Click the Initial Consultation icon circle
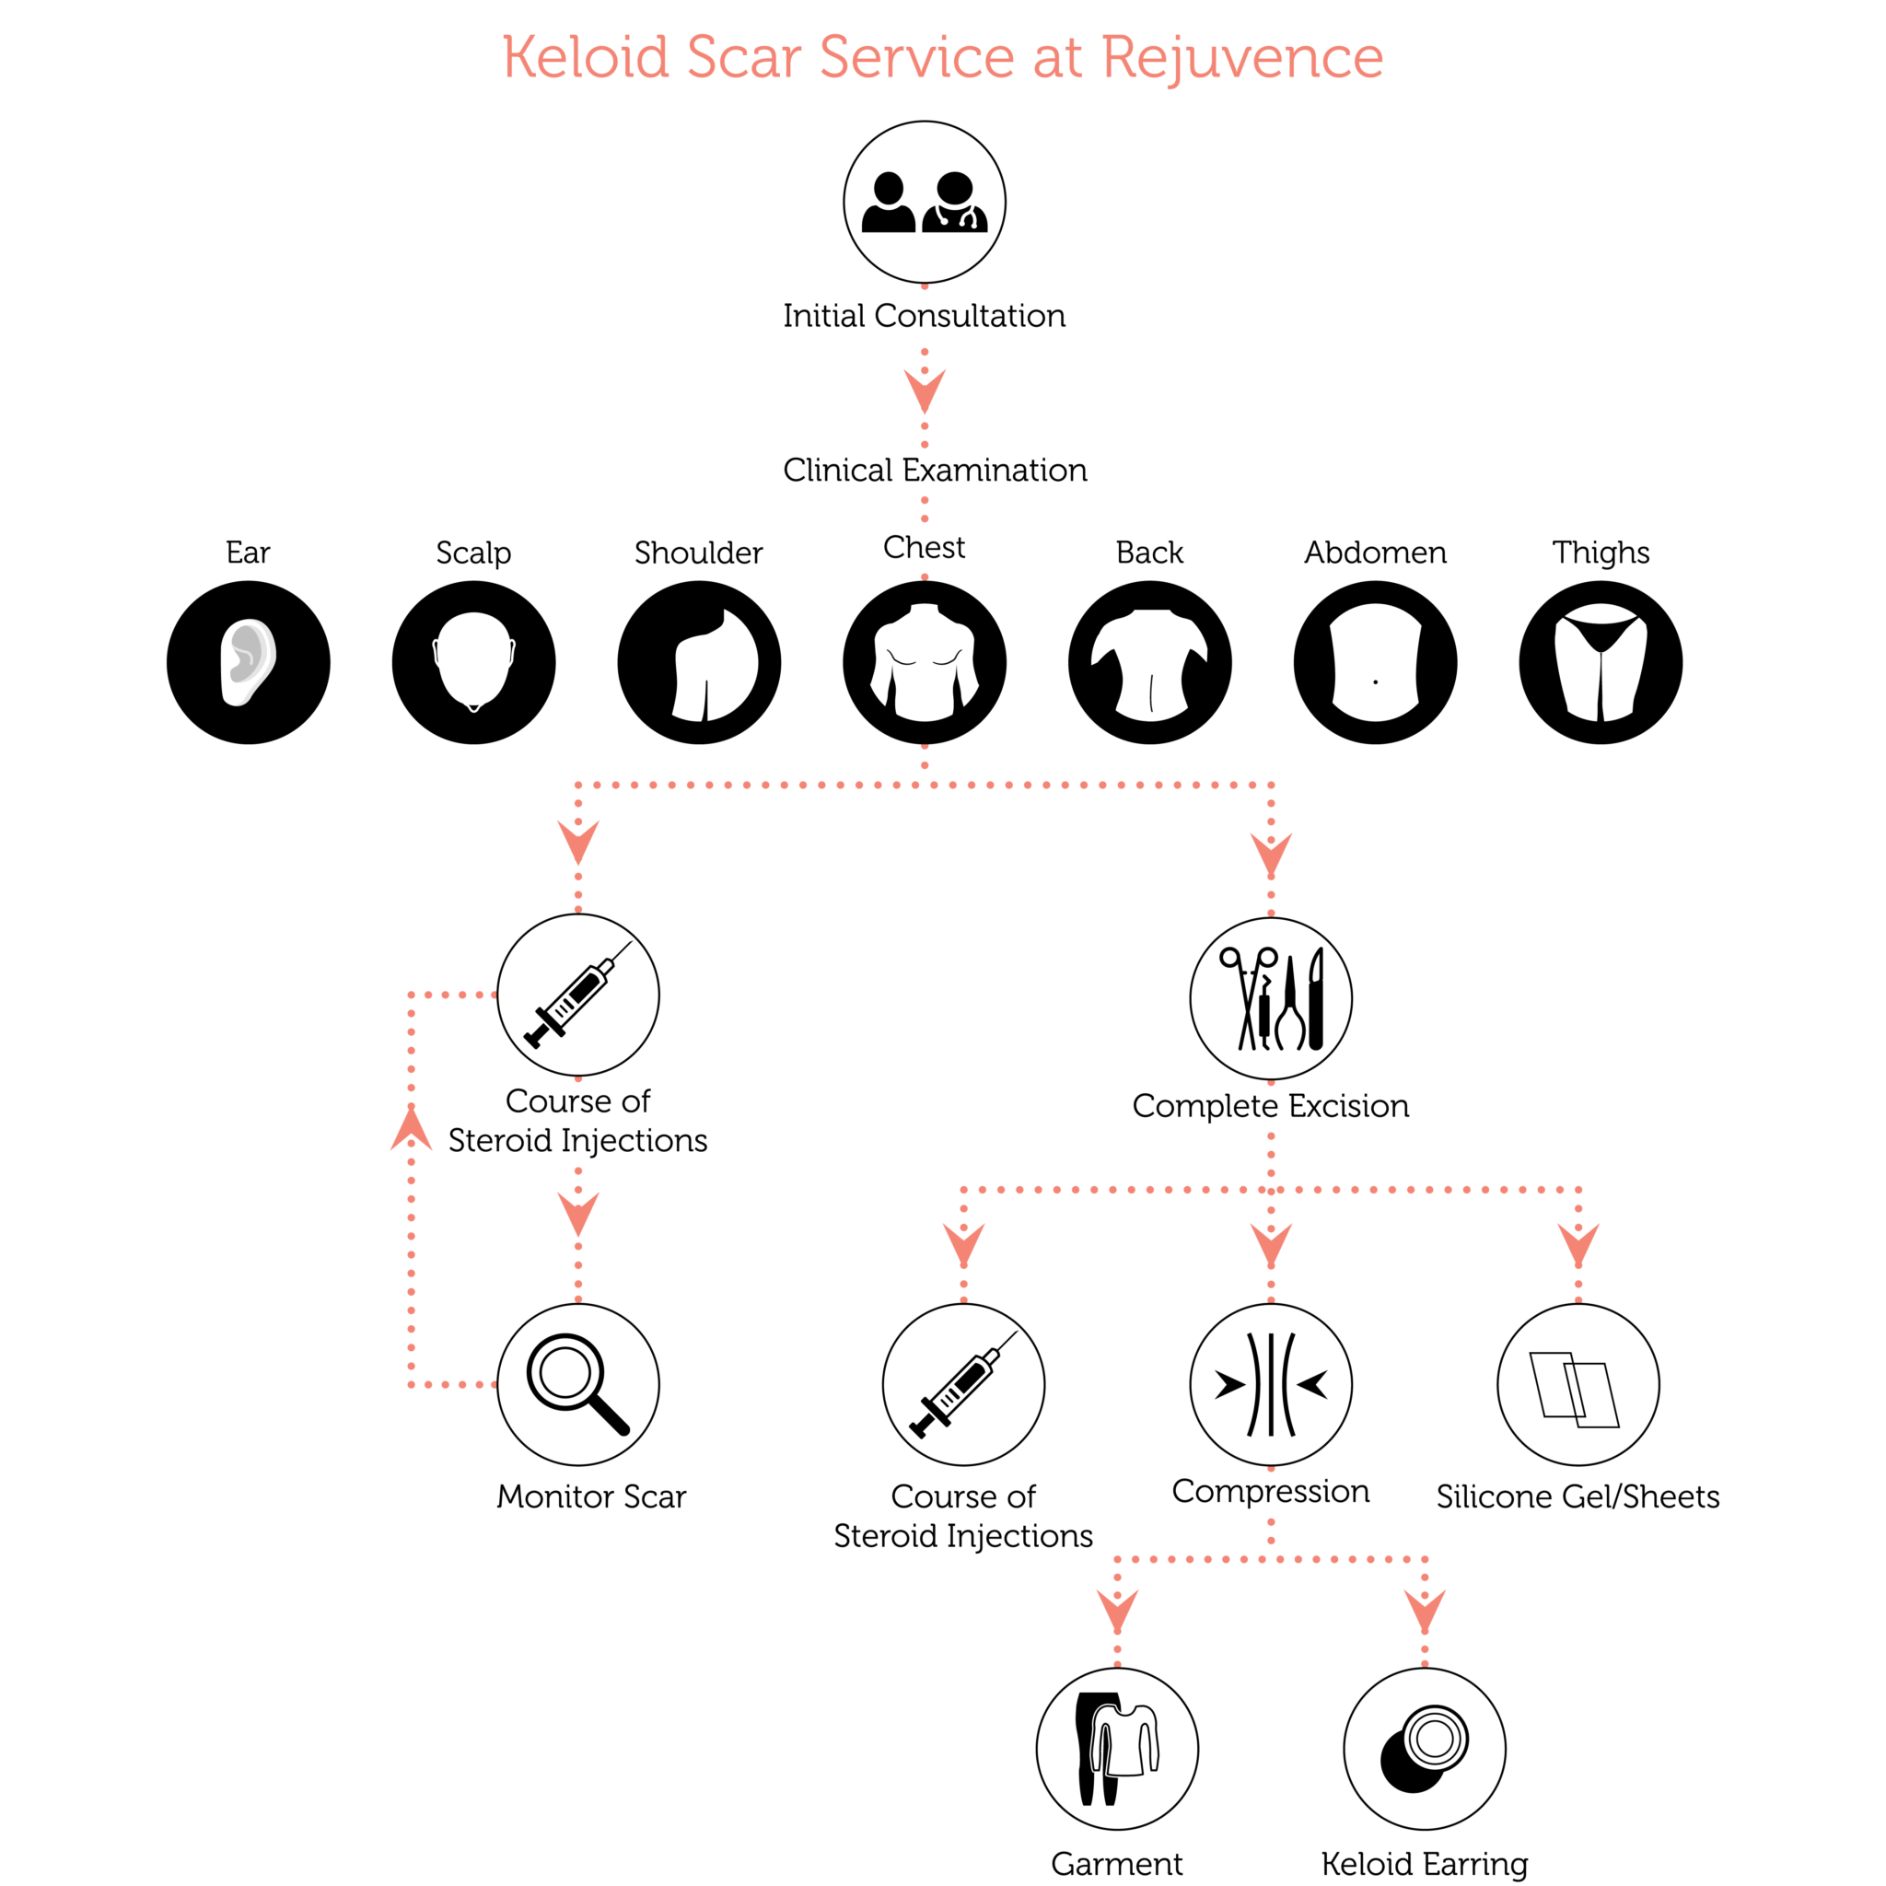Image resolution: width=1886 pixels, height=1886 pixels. click(x=925, y=202)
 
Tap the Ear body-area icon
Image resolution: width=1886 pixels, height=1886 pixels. click(x=248, y=663)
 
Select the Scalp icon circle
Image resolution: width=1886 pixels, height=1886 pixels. click(x=473, y=663)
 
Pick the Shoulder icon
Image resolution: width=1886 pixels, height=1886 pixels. click(x=699, y=663)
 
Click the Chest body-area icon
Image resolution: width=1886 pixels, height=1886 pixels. click(x=925, y=663)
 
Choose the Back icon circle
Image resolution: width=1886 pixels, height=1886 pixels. click(x=1150, y=663)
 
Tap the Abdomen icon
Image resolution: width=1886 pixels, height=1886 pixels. click(x=1376, y=663)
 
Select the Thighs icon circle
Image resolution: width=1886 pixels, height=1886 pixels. click(x=1601, y=663)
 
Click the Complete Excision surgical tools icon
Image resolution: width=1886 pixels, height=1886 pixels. click(x=1271, y=998)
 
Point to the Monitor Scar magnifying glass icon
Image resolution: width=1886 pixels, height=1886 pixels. click(x=578, y=1384)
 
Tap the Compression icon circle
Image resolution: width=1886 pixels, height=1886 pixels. click(x=1271, y=1384)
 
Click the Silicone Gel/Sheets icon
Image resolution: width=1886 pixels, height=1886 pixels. click(x=1578, y=1384)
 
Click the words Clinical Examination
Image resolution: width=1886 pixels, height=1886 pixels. click(x=934, y=471)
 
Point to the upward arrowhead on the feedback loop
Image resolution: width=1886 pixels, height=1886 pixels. click(x=411, y=1131)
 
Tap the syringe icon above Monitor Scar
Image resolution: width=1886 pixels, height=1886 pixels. click(x=578, y=995)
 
